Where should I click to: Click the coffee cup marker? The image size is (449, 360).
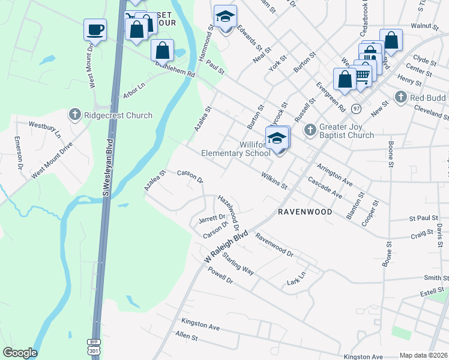tap(95, 29)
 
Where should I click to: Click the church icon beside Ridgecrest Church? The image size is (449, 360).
tap(75, 114)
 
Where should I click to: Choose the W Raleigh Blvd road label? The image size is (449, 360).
tap(226, 247)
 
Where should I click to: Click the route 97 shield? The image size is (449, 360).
tap(357, 108)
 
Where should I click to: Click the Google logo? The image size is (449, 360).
tap(20, 353)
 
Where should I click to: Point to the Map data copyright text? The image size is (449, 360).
tap(423, 355)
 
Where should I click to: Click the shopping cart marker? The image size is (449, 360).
tap(362, 74)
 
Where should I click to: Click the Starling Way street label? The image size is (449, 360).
tap(238, 264)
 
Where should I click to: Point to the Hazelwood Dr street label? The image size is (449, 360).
tap(229, 213)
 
